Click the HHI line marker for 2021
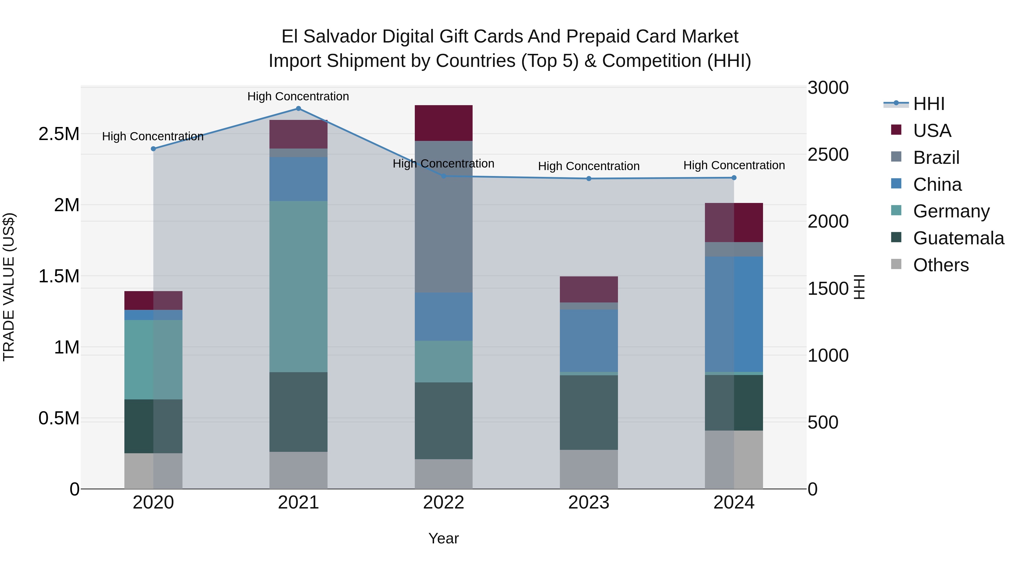pyautogui.click(x=299, y=109)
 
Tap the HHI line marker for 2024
pyautogui.click(x=734, y=178)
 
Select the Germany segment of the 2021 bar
pyautogui.click(x=299, y=286)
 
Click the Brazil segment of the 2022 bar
pyautogui.click(x=443, y=217)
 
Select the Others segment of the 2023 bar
pyautogui.click(x=589, y=469)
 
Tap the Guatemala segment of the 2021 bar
pyautogui.click(x=299, y=412)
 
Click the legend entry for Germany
pyautogui.click(x=951, y=211)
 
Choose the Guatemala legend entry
pyautogui.click(x=958, y=238)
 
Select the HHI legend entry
pyautogui.click(x=928, y=104)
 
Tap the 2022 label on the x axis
pyautogui.click(x=443, y=503)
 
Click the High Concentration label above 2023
pyautogui.click(x=589, y=166)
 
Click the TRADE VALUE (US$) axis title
pyautogui.click(x=9, y=287)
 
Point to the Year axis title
pyautogui.click(x=443, y=538)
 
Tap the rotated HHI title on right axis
pyautogui.click(x=859, y=287)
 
